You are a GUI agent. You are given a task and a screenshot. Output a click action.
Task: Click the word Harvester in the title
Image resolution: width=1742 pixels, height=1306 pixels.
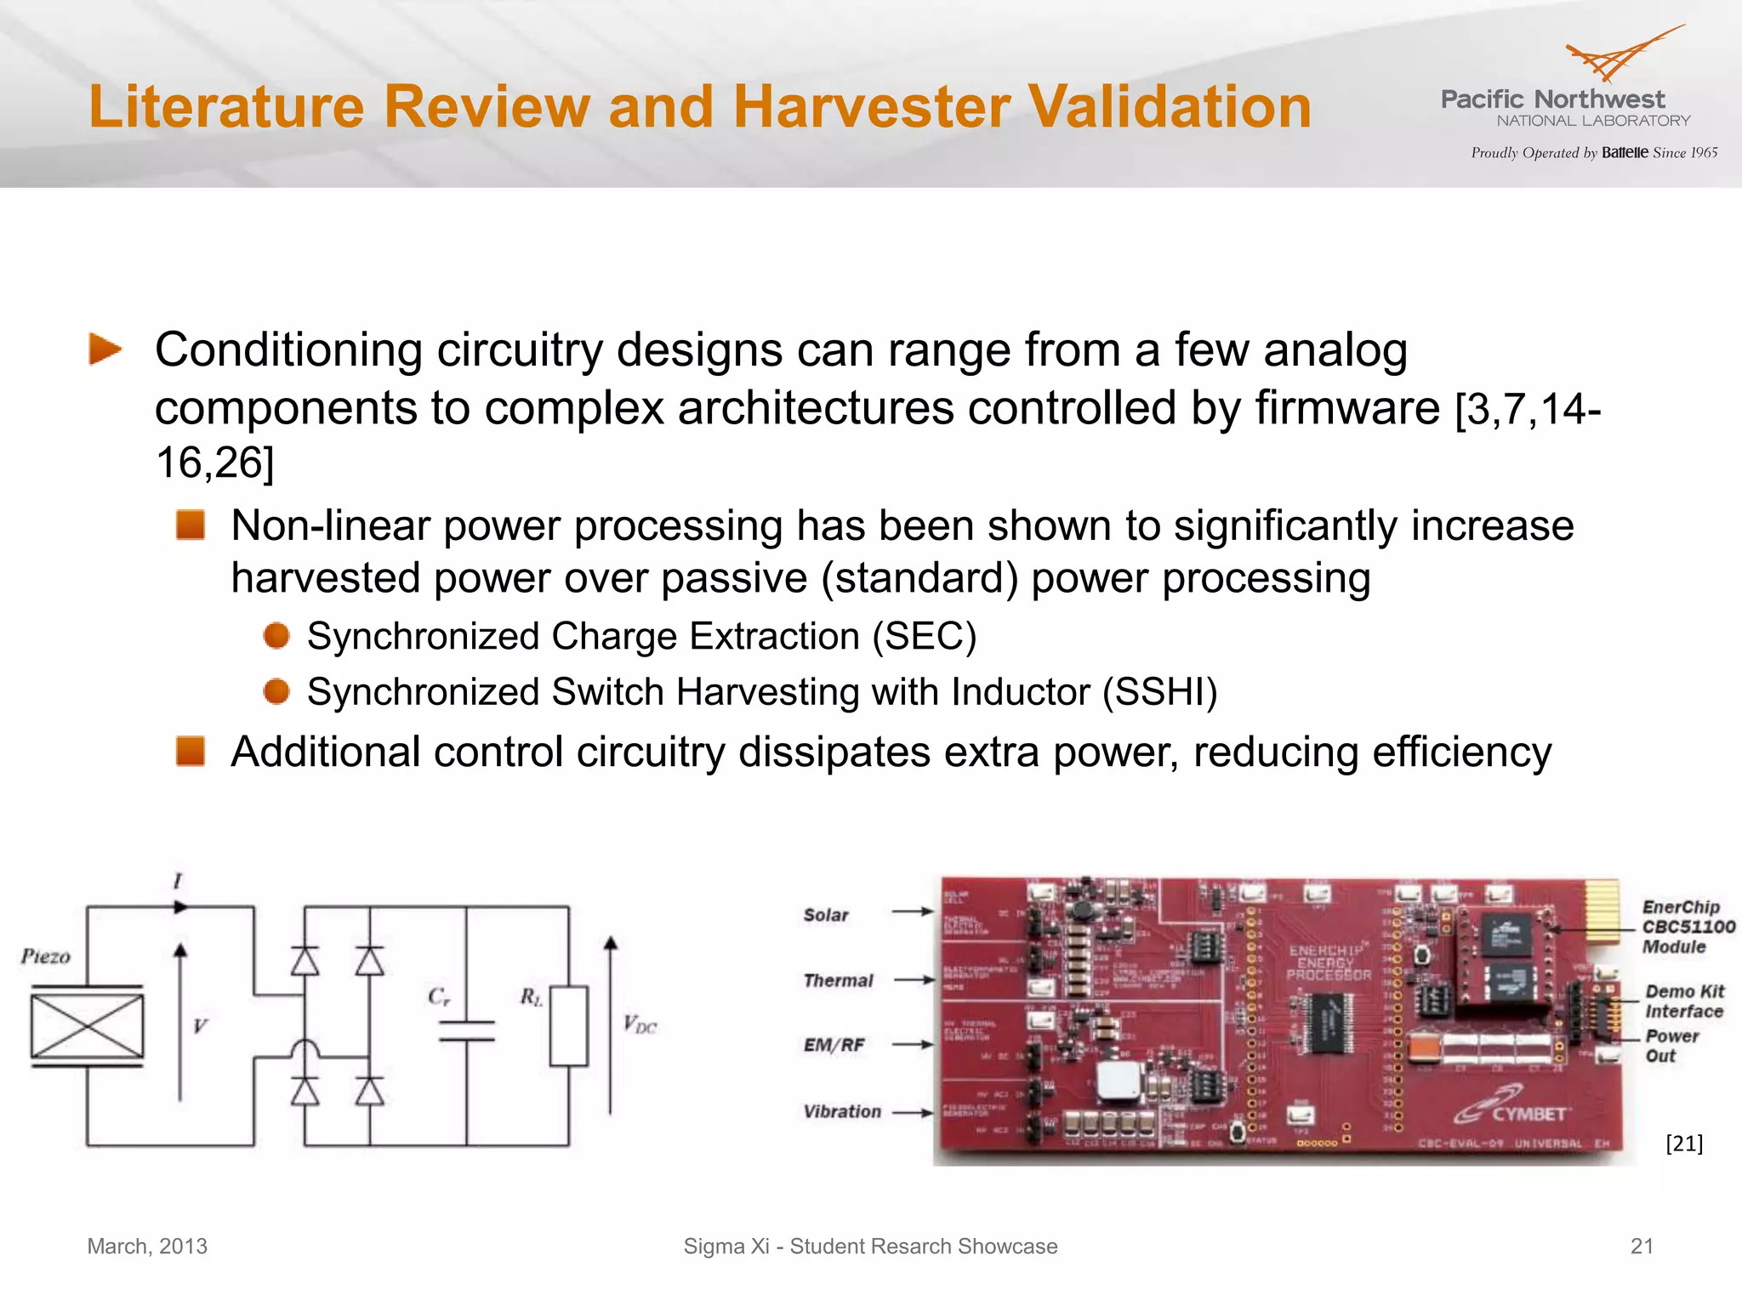pyautogui.click(x=872, y=107)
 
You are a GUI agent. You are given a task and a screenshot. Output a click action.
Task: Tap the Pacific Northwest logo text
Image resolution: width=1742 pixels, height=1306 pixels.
pyautogui.click(x=1552, y=100)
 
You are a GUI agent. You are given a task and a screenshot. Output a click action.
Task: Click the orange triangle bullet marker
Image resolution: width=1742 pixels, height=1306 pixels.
pyautogui.click(x=105, y=349)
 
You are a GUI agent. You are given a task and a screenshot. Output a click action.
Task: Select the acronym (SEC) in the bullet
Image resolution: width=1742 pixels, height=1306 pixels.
pyautogui.click(x=925, y=637)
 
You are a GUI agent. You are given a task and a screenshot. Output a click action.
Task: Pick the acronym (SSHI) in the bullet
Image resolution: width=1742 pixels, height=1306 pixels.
pyautogui.click(x=1160, y=692)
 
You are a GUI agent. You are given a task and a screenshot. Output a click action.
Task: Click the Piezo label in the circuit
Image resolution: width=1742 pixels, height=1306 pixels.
pyautogui.click(x=46, y=957)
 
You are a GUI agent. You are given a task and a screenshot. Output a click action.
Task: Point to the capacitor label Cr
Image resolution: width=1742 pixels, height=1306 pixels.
pyautogui.click(x=439, y=997)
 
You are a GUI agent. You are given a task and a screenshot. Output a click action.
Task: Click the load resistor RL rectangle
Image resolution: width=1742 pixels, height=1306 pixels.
pyautogui.click(x=568, y=1025)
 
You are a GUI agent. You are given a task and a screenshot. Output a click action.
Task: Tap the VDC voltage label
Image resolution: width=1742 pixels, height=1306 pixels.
pyautogui.click(x=640, y=1024)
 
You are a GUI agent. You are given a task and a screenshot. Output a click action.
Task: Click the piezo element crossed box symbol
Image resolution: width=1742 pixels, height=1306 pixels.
pyautogui.click(x=87, y=1025)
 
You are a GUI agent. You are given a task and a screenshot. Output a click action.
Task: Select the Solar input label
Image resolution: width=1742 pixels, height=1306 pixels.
pyautogui.click(x=826, y=915)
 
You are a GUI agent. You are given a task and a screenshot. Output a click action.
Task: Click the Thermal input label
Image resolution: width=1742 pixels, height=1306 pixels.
pyautogui.click(x=838, y=980)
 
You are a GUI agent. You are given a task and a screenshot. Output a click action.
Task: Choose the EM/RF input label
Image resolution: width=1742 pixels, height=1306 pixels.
pyautogui.click(x=834, y=1045)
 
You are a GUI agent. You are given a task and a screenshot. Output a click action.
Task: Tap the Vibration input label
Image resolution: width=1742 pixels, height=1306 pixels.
pyautogui.click(x=842, y=1111)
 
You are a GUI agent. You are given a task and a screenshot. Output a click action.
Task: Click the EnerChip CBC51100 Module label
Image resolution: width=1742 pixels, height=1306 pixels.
pyautogui.click(x=1687, y=927)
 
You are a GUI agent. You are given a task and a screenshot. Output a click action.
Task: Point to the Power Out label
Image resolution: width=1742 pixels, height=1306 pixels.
pyautogui.click(x=1671, y=1046)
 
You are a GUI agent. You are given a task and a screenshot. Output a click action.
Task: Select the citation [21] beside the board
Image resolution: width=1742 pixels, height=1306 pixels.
pyautogui.click(x=1683, y=1144)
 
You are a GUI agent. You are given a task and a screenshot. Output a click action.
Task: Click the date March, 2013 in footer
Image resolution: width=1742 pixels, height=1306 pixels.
pyautogui.click(x=147, y=1246)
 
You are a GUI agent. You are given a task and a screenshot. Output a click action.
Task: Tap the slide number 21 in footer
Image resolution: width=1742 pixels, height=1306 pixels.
pyautogui.click(x=1642, y=1246)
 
